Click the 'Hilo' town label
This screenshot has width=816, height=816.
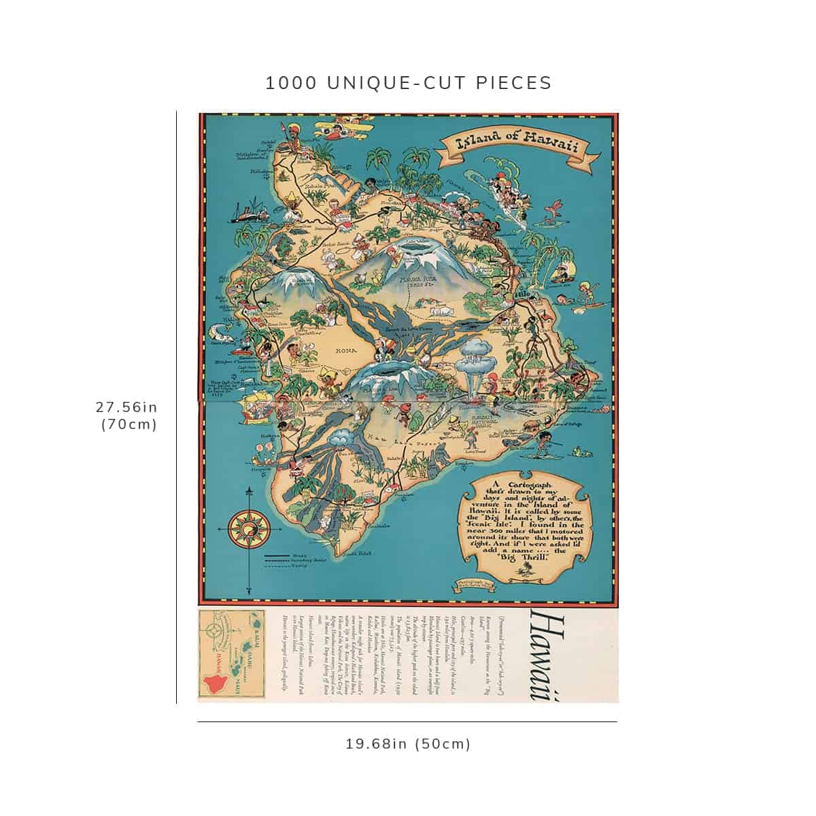point(522,294)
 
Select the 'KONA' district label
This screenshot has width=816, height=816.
point(345,351)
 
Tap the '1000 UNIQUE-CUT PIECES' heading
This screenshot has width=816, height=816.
point(408,83)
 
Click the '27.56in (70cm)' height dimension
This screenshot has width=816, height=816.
point(126,415)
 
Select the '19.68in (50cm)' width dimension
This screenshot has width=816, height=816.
point(408,743)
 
